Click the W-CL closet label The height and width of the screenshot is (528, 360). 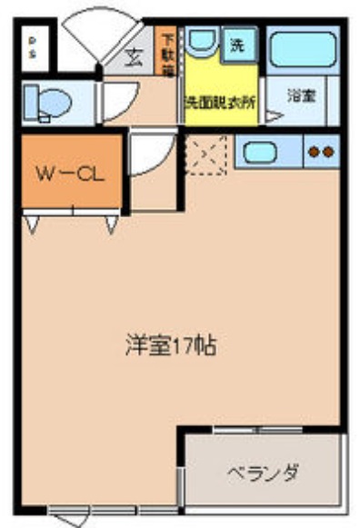(x=68, y=173)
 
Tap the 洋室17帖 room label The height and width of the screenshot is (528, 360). (x=170, y=346)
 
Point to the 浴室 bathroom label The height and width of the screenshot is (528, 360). (x=301, y=95)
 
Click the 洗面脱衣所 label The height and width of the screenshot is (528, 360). (x=220, y=103)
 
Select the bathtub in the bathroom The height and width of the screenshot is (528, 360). (x=303, y=49)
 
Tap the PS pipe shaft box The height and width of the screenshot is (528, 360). (x=34, y=48)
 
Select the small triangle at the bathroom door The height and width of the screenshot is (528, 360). (x=274, y=115)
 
